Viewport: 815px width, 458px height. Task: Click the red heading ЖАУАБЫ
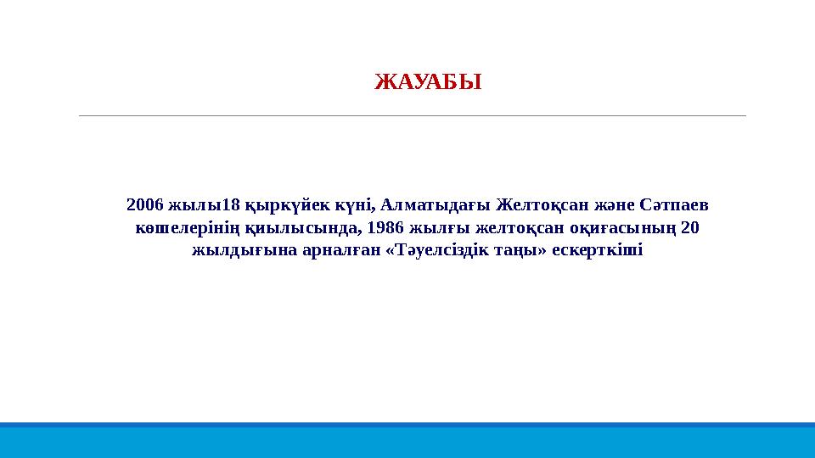coord(428,82)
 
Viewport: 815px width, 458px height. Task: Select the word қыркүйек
coord(277,205)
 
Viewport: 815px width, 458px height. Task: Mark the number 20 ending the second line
coord(690,228)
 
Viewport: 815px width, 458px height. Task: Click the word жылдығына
coord(233,251)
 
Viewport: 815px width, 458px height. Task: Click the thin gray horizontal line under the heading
coord(412,115)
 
